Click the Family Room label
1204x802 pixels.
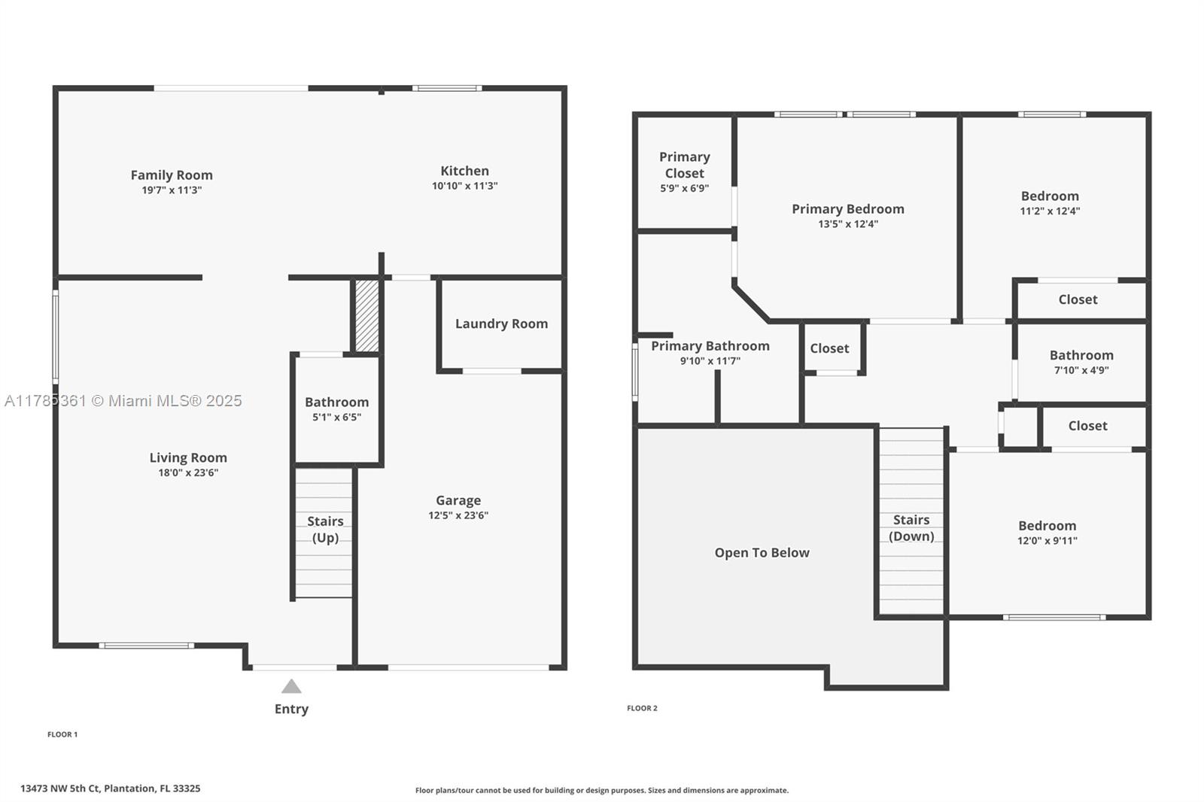point(172,175)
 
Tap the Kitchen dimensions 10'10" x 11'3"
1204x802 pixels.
point(465,186)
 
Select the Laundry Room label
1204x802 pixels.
point(501,324)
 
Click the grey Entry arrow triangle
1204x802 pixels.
point(291,686)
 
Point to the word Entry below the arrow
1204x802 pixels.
point(291,709)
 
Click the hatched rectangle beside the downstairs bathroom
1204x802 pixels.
point(367,316)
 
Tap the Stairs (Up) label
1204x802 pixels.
point(325,530)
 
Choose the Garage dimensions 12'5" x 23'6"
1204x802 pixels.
point(458,515)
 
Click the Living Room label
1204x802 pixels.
point(188,457)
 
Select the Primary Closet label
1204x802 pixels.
point(685,165)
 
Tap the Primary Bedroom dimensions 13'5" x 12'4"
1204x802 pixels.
point(848,224)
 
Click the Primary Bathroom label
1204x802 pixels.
point(710,346)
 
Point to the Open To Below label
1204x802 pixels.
point(762,552)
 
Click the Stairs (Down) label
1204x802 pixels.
point(911,528)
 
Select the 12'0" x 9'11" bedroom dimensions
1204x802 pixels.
point(1047,541)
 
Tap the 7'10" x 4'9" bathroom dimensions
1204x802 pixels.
point(1081,370)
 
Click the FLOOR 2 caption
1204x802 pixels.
point(643,709)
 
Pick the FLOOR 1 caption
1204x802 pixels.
point(62,734)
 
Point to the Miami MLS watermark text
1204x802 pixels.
point(123,400)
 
